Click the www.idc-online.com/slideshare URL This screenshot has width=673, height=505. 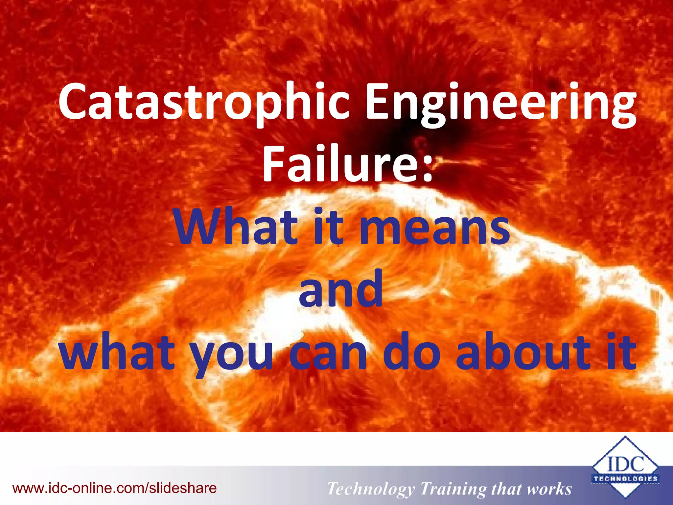[x=115, y=488]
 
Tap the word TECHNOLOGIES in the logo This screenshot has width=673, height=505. [x=625, y=479]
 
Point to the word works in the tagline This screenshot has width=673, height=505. [x=549, y=489]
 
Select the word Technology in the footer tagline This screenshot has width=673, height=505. [x=371, y=489]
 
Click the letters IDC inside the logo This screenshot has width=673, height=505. [x=625, y=465]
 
